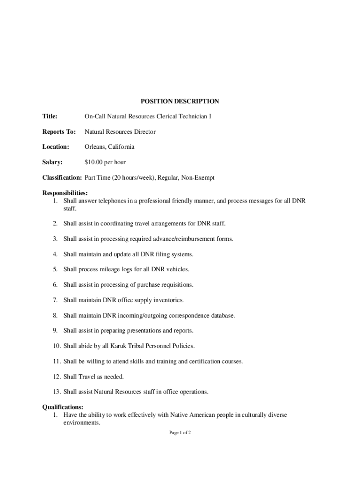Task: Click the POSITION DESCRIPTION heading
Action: [x=180, y=101]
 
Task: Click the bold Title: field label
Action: [x=50, y=116]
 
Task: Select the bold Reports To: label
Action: [x=59, y=131]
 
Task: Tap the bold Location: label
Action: [x=56, y=147]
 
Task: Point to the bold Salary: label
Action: [x=52, y=162]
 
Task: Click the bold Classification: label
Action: [x=62, y=178]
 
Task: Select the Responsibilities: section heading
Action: [x=65, y=193]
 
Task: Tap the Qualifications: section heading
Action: [x=63, y=407]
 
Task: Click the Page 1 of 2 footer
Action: [x=180, y=433]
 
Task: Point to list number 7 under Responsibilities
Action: [x=55, y=300]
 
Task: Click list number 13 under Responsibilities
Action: [x=57, y=392]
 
